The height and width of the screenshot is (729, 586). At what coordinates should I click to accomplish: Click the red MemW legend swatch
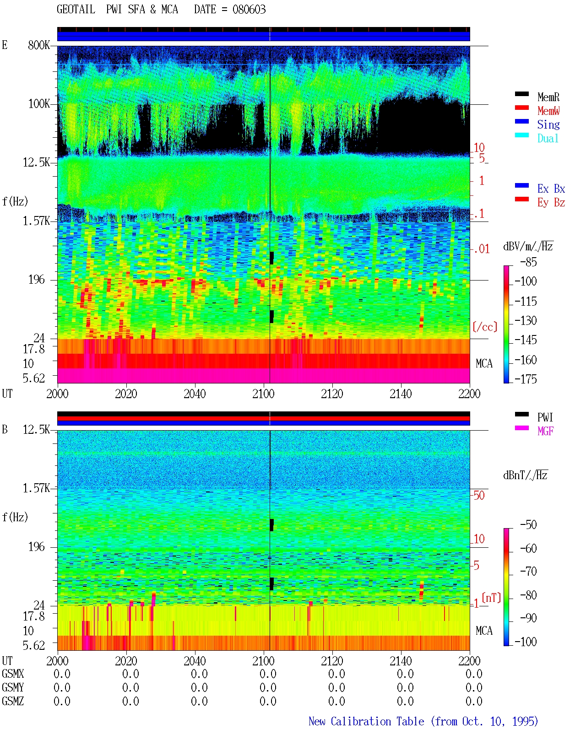pyautogui.click(x=521, y=108)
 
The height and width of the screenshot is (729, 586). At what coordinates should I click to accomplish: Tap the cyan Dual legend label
pyautogui.click(x=548, y=138)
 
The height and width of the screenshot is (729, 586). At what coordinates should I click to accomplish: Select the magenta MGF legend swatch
pyautogui.click(x=521, y=428)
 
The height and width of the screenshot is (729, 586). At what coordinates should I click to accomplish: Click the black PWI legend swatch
pyautogui.click(x=521, y=414)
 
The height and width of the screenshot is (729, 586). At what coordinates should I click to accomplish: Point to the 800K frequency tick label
pyautogui.click(x=39, y=45)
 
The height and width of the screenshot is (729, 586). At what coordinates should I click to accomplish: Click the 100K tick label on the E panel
pyautogui.click(x=39, y=104)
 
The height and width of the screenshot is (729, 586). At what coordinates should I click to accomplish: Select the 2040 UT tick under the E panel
pyautogui.click(x=195, y=394)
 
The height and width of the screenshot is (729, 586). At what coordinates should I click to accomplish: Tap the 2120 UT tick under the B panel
pyautogui.click(x=332, y=660)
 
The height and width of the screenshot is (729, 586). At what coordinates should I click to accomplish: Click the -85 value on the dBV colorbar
pyautogui.click(x=528, y=262)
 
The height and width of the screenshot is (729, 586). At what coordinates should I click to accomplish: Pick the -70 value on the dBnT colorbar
pyautogui.click(x=528, y=572)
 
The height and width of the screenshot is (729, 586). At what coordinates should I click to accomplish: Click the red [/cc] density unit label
pyautogui.click(x=485, y=327)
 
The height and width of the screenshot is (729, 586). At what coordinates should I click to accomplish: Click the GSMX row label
pyautogui.click(x=13, y=674)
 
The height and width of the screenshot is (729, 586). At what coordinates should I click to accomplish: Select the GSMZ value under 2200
pyautogui.click(x=474, y=701)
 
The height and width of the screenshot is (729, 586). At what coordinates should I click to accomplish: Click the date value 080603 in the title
pyautogui.click(x=249, y=10)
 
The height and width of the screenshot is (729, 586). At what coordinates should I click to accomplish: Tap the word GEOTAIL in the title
pyautogui.click(x=76, y=10)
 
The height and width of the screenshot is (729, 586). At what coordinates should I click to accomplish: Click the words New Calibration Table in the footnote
pyautogui.click(x=366, y=721)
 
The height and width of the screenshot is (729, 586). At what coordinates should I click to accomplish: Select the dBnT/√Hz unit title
pyautogui.click(x=525, y=475)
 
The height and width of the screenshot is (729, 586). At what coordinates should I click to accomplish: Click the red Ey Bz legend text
pyautogui.click(x=551, y=203)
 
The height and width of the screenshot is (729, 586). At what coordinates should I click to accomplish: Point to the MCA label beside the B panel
pyautogui.click(x=484, y=631)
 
